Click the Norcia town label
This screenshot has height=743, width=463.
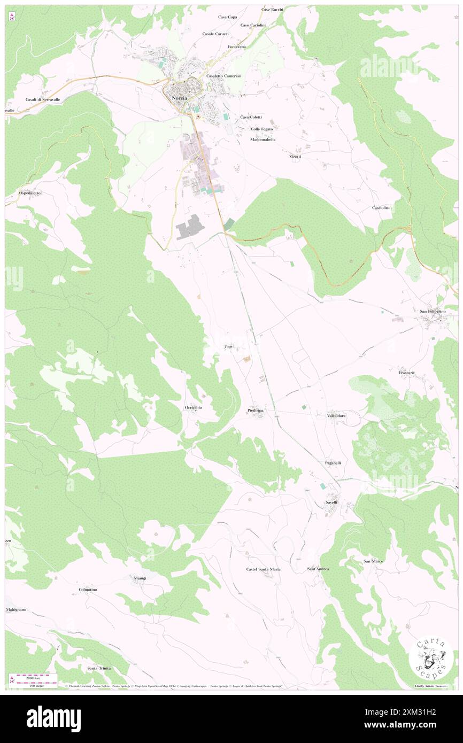coord(180,98)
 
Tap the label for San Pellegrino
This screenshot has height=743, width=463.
coord(432,311)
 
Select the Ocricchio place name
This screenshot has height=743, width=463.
coord(193,408)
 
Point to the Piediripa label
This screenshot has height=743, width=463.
coord(256,411)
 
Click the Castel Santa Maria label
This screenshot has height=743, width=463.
coord(263,569)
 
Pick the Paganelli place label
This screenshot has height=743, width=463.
coord(333,462)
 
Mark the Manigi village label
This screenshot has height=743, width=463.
coord(140,578)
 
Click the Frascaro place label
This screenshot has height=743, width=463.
coord(407,372)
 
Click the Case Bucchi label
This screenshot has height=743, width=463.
coord(272,10)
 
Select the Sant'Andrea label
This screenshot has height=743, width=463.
coord(318,569)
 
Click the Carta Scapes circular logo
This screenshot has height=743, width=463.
coord(429,659)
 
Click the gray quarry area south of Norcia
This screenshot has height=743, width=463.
coord(190,227)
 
